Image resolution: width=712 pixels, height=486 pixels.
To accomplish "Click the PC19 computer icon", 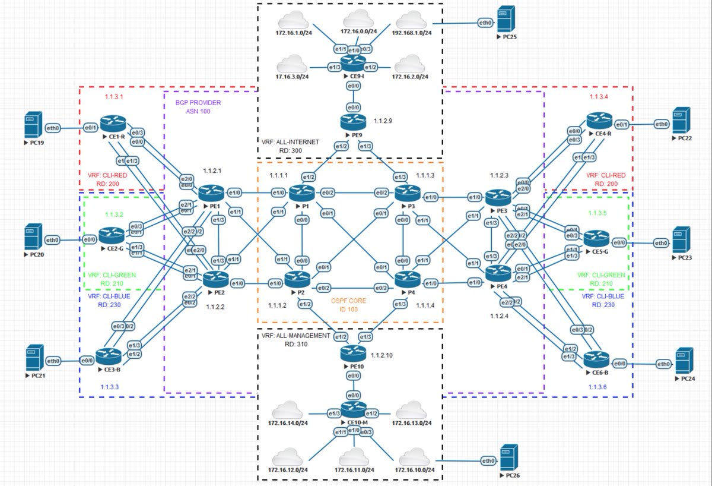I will click(x=33, y=127).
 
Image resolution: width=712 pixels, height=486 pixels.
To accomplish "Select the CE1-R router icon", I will click(x=111, y=123).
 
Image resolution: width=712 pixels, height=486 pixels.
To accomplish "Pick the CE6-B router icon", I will click(x=595, y=359).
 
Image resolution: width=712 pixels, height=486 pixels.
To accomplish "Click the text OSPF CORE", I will click(x=349, y=301).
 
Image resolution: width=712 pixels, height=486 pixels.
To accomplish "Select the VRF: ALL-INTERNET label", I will click(x=290, y=143).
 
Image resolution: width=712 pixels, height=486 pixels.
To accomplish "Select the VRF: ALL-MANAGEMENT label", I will click(x=295, y=335).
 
